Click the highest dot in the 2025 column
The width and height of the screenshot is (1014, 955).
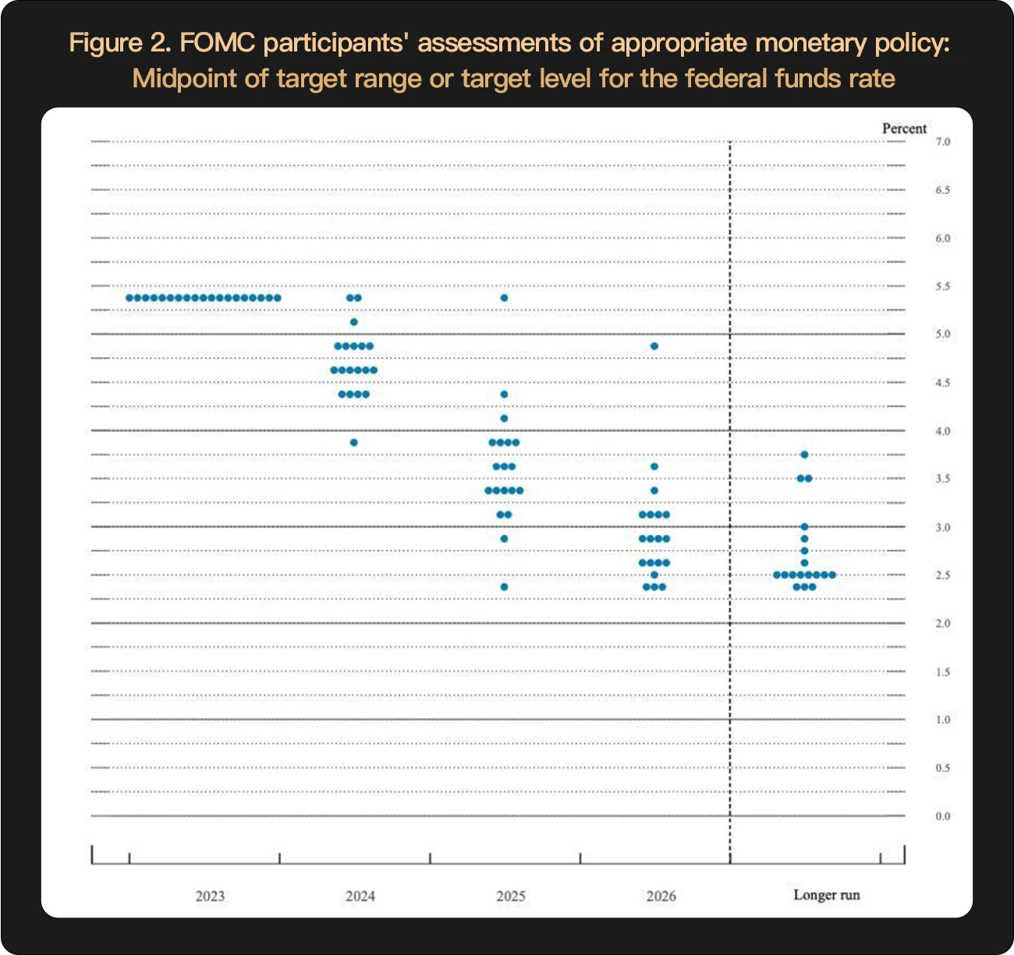pyautogui.click(x=504, y=298)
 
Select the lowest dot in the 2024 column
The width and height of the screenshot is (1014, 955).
pyautogui.click(x=353, y=443)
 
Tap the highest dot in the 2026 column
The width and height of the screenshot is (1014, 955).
pyautogui.click(x=654, y=346)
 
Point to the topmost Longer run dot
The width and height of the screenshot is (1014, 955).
pyautogui.click(x=804, y=455)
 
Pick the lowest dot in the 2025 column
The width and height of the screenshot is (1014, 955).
pyautogui.click(x=504, y=587)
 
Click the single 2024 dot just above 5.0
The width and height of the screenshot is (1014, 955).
pyautogui.click(x=353, y=322)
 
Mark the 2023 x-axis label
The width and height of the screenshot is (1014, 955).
pyautogui.click(x=210, y=896)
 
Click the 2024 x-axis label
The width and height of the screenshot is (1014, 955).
pyautogui.click(x=360, y=896)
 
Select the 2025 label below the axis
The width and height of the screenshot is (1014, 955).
pyautogui.click(x=511, y=896)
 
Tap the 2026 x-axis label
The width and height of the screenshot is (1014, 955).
pyautogui.click(x=661, y=896)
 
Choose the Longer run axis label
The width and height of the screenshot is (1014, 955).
pyautogui.click(x=827, y=895)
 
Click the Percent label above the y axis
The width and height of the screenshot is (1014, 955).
pyautogui.click(x=904, y=129)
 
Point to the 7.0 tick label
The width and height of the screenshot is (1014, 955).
pyautogui.click(x=943, y=142)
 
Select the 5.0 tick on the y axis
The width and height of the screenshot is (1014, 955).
pyautogui.click(x=943, y=334)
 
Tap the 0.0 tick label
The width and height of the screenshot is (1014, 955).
pyautogui.click(x=943, y=816)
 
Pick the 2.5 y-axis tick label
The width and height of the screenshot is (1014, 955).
pyautogui.click(x=943, y=575)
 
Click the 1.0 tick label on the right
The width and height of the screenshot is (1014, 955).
pyautogui.click(x=943, y=720)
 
